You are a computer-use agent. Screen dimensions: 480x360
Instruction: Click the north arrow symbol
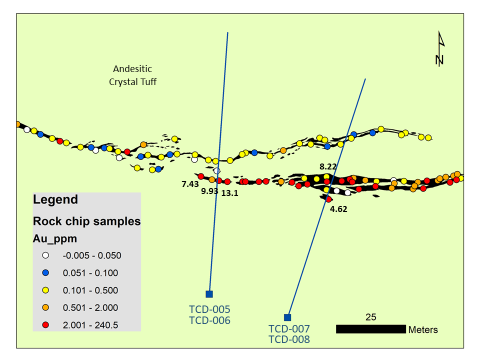coord(440,48)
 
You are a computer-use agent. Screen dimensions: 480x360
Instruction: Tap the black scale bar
coord(370,329)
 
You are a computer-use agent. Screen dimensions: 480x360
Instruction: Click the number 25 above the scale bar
coord(370,317)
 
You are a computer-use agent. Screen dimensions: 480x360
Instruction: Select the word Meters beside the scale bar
coord(423,329)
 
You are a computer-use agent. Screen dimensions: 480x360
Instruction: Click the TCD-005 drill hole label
coord(209,309)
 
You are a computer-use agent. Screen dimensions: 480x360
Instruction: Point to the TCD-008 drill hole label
coord(289,339)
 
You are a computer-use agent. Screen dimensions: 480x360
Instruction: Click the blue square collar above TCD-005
coord(209,294)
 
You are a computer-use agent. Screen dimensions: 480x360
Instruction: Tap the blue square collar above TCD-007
coord(287,317)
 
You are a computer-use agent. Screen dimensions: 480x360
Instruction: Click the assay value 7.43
coord(190,184)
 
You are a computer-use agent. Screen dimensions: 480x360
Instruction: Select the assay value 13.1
coord(229,193)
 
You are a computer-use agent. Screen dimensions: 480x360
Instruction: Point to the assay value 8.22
coord(328,166)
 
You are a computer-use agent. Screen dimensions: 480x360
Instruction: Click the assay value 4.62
coord(338,209)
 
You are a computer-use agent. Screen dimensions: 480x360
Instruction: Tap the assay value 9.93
coord(209,191)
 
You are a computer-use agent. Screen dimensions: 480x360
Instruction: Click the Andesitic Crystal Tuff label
coord(132,75)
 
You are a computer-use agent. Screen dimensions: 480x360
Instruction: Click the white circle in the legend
coord(45,255)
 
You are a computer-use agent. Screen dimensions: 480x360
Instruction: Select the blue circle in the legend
coord(45,273)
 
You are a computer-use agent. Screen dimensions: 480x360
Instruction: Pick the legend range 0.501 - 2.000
coord(90,307)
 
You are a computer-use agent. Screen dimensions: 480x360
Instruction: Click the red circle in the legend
coord(45,325)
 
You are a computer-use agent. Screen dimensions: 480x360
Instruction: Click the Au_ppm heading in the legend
coord(55,239)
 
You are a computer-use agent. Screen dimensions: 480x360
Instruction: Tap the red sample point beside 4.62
coord(329,199)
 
